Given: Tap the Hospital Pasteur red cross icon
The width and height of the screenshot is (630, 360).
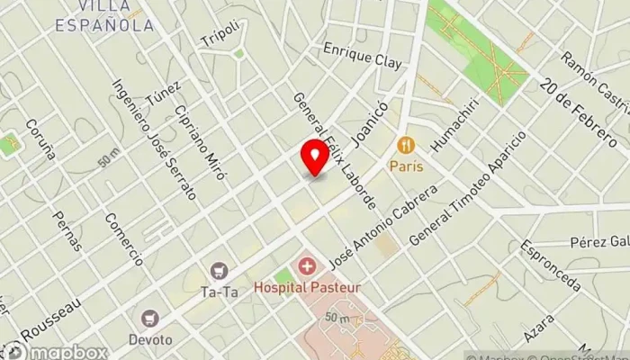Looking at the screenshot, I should tap(308, 266).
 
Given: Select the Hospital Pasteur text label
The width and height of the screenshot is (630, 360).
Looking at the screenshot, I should tap(307, 288).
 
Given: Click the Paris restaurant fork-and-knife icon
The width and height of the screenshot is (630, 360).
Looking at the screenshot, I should tap(406, 145).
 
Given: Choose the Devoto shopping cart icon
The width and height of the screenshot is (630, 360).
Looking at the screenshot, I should tap(149, 318).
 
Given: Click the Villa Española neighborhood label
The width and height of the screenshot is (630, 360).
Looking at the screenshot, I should tap(105, 17).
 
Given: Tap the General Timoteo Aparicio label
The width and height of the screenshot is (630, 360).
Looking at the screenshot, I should tap(467, 189).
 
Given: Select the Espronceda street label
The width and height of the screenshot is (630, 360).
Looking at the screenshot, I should tap(551, 265).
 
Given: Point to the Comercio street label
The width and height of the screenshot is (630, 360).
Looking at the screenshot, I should tap(123, 238).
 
